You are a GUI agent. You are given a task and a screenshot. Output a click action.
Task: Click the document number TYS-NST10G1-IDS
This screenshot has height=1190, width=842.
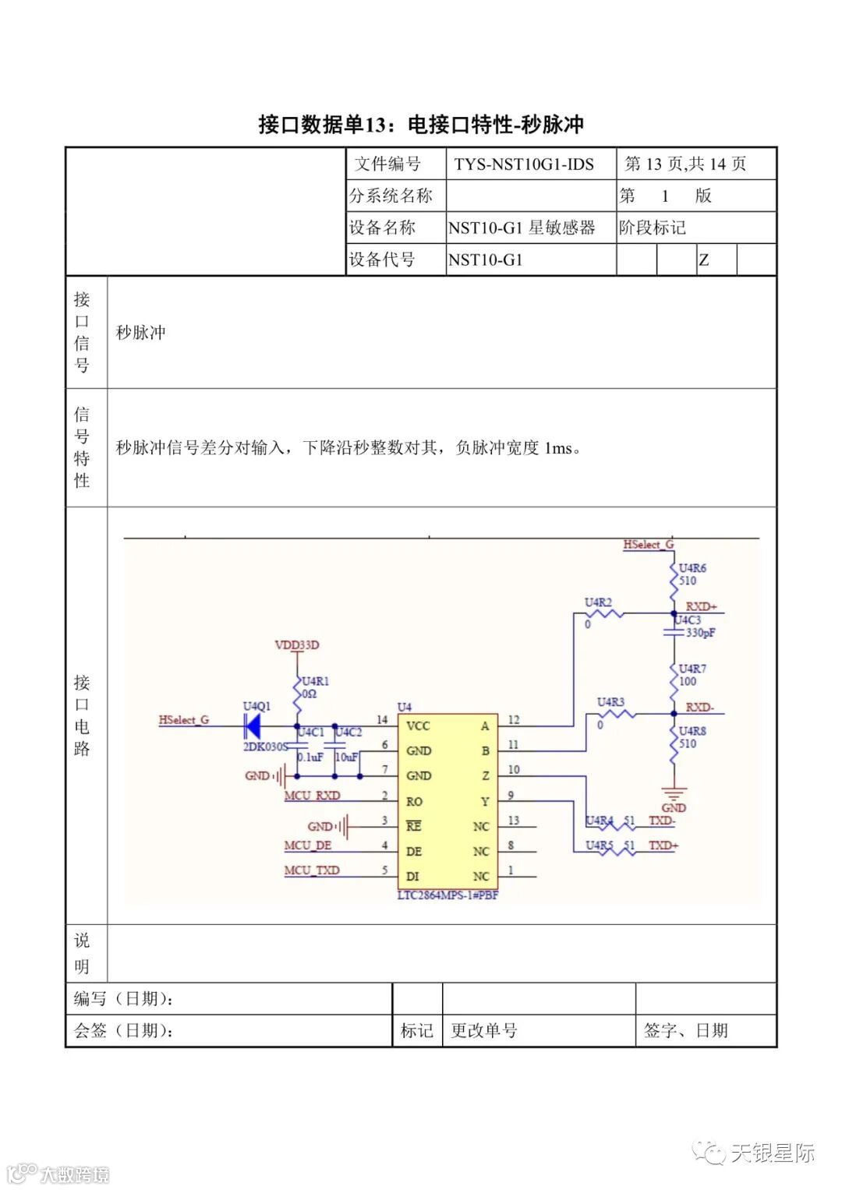(x=524, y=164)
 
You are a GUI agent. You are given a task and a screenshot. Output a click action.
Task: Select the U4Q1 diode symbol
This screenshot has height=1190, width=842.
(x=252, y=726)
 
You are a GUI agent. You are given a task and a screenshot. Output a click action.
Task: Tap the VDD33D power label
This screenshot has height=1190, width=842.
(x=297, y=645)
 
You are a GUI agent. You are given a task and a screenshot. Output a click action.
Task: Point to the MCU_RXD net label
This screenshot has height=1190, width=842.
(x=312, y=796)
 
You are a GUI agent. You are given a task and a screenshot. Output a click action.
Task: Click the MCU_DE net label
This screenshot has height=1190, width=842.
(x=307, y=846)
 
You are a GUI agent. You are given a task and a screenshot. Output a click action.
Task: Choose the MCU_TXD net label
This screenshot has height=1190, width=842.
(x=311, y=870)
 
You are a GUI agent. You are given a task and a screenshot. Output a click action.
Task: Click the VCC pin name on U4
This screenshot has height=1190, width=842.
(x=418, y=726)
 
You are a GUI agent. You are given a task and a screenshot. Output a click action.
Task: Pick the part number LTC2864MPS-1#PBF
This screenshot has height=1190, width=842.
(x=448, y=895)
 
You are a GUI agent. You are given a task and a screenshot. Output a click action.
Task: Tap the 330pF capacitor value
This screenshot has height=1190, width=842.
(x=700, y=633)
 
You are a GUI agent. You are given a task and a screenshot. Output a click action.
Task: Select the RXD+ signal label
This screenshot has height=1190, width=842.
(x=701, y=606)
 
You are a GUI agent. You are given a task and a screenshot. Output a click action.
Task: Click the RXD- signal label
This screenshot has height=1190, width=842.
(x=699, y=708)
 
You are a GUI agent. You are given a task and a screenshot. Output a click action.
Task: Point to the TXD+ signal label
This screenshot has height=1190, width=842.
(x=663, y=846)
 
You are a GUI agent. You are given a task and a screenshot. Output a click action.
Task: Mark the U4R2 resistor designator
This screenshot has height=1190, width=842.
(x=598, y=602)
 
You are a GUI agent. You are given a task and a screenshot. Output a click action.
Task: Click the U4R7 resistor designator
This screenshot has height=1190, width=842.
(x=692, y=669)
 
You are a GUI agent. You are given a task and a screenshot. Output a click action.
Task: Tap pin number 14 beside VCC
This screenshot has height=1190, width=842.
(x=382, y=720)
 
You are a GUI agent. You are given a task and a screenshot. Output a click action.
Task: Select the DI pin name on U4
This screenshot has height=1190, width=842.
(x=412, y=876)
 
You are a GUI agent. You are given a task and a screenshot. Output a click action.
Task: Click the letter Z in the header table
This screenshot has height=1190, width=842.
(x=704, y=260)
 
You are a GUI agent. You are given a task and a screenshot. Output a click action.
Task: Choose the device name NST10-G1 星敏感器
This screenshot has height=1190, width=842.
(x=522, y=228)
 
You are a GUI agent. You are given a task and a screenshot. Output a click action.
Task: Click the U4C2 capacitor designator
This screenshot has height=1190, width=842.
(x=348, y=733)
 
